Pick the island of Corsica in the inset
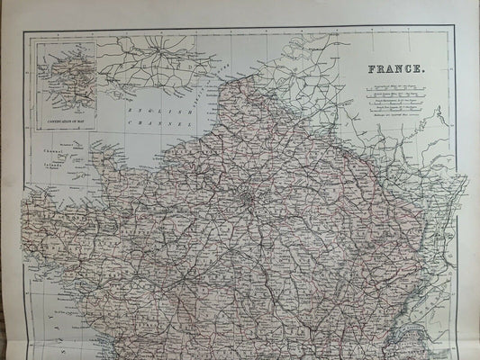click(66, 76)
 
